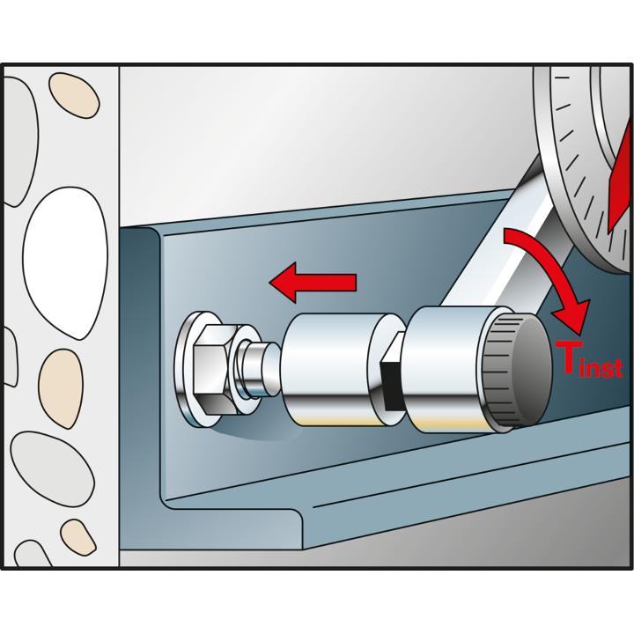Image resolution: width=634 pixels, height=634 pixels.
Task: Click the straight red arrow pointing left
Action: pyautogui.click(x=313, y=283)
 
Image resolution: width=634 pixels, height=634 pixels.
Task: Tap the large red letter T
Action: pyautogui.click(x=569, y=357)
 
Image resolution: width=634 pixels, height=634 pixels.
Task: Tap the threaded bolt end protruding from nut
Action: pyautogui.click(x=257, y=369)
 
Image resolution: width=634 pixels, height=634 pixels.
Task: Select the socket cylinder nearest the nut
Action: pyautogui.click(x=334, y=370)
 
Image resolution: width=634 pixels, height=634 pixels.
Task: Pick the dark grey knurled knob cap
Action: pyautogui.click(x=518, y=370)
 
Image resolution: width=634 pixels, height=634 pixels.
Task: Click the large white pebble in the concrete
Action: pyautogui.click(x=66, y=262)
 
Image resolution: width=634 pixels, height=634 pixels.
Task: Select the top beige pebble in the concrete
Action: pyautogui.click(x=74, y=95)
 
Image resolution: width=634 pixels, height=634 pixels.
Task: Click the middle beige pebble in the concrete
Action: pyautogui.click(x=61, y=388)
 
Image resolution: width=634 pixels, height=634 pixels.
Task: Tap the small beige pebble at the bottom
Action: pyautogui.click(x=78, y=537)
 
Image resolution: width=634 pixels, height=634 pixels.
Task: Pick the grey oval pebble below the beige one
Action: pyautogui.click(x=52, y=469)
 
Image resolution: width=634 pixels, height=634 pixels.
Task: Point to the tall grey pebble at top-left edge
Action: pyautogui.click(x=20, y=142)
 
